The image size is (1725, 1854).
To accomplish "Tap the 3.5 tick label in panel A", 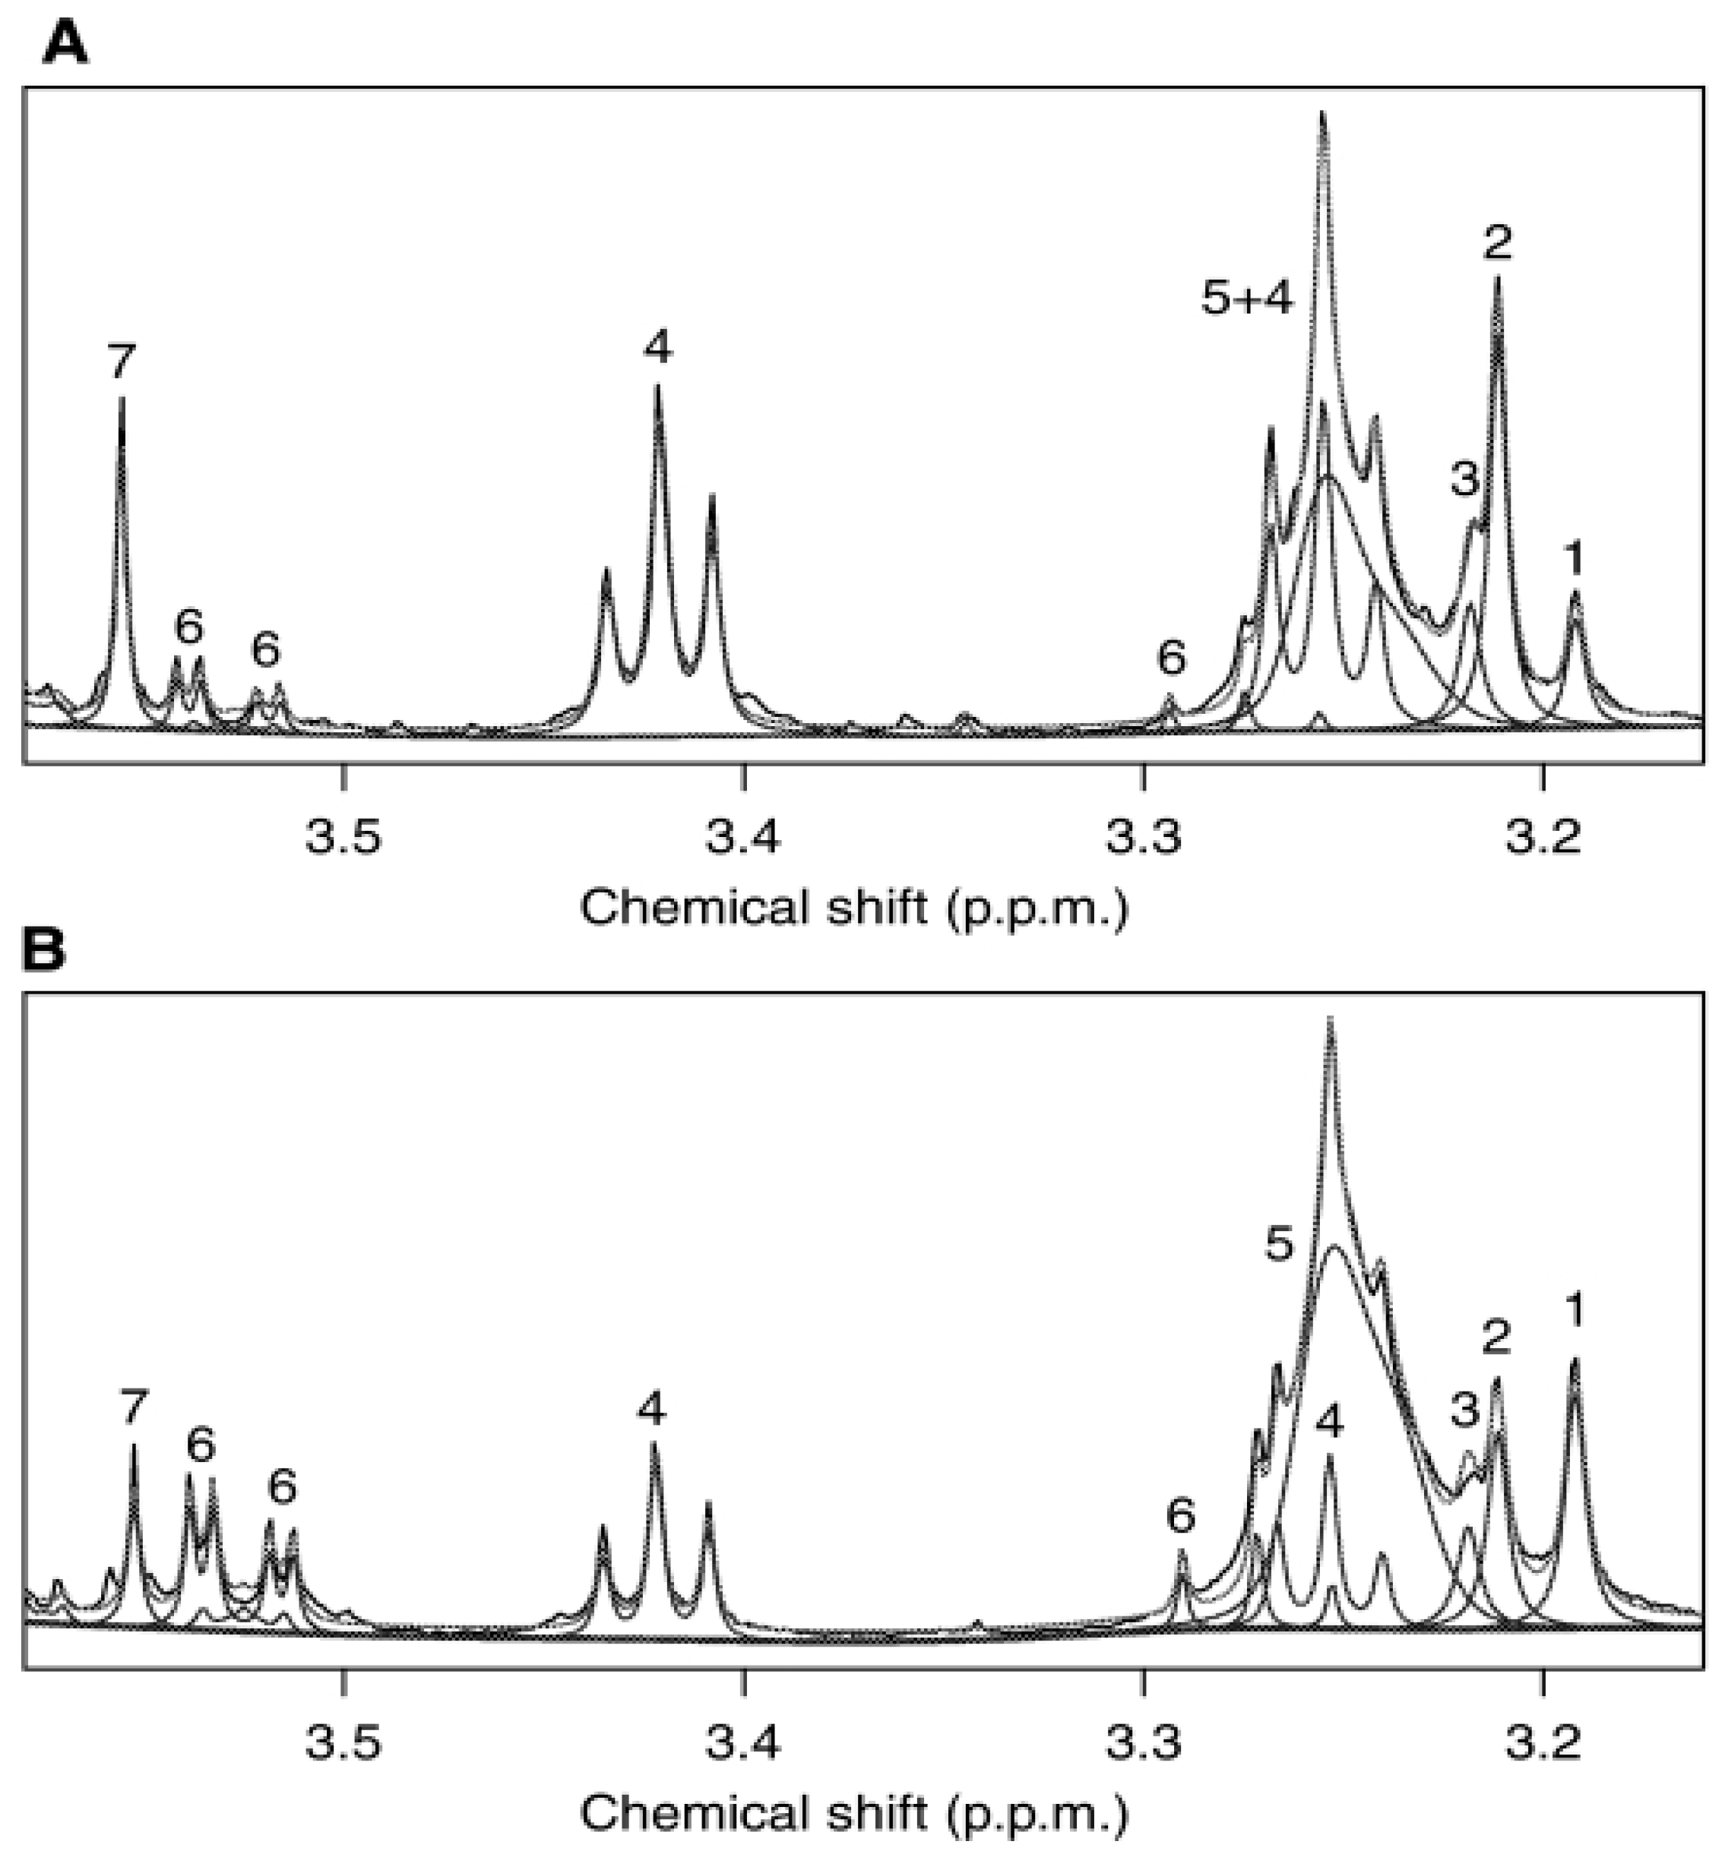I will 343,836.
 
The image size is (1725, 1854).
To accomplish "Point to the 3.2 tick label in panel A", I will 1544,836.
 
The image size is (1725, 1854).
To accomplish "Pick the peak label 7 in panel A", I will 122,362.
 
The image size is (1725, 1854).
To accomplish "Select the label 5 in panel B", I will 1280,1244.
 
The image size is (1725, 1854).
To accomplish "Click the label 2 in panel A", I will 1497,242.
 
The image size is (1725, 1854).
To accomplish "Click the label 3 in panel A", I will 1464,480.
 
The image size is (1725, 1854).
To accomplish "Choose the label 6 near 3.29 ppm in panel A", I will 1172,659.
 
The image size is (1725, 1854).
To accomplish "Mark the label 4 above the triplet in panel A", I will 658,348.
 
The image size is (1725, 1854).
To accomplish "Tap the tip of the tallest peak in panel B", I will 1331,1019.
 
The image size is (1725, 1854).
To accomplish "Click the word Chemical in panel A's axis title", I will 695,906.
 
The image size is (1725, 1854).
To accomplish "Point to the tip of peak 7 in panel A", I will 122,400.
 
